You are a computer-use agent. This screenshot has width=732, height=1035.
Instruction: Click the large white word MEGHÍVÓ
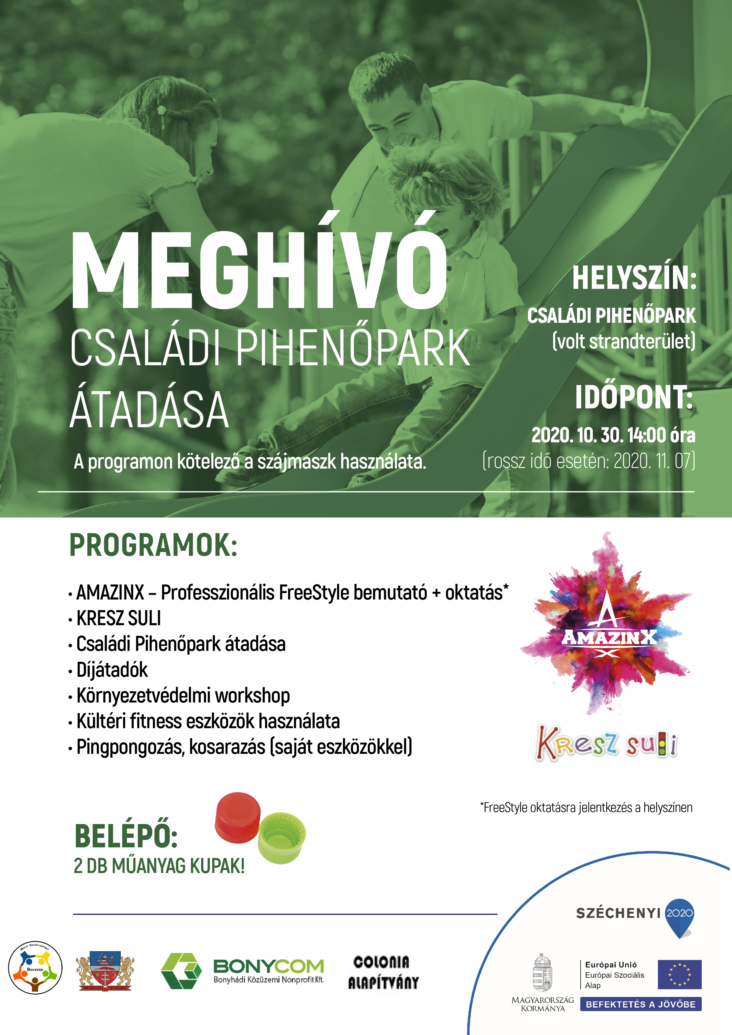click(x=259, y=271)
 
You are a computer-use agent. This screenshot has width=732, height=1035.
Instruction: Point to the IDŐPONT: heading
click(x=634, y=398)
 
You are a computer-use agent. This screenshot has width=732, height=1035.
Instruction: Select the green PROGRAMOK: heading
click(x=153, y=546)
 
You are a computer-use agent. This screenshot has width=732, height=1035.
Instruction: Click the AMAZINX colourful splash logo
click(x=607, y=629)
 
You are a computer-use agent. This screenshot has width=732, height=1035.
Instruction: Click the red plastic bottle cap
click(x=238, y=817)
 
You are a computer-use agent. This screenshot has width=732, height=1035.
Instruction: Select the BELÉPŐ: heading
click(x=126, y=836)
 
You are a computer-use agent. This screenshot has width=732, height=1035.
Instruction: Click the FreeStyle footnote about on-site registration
click(x=586, y=808)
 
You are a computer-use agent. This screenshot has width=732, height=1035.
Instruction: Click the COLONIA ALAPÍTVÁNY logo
click(x=383, y=972)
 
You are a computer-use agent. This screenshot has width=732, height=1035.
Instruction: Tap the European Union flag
click(x=679, y=975)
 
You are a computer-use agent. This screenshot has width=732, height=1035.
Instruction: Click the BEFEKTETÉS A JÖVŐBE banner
click(x=640, y=1004)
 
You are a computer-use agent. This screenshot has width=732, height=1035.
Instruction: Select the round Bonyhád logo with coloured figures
click(x=35, y=968)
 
